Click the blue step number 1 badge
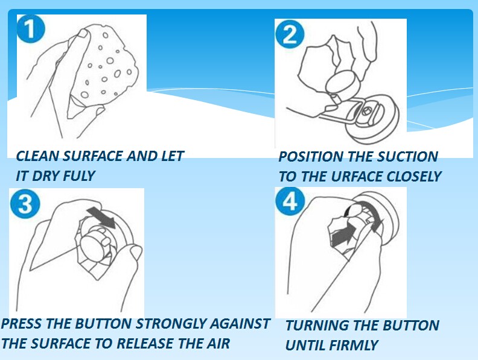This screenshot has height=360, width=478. tap(31, 29)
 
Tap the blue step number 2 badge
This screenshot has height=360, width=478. tap(290, 34)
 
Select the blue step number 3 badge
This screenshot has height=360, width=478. tap(25, 203)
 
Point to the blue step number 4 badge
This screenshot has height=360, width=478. tap(290, 201)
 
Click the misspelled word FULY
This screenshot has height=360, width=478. tap(79, 175)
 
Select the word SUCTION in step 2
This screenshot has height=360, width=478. tap(407, 157)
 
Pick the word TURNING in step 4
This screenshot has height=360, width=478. tap(316, 325)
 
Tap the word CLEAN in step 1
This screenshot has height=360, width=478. tap(37, 156)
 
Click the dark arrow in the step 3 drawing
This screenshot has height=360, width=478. tap(101, 218)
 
